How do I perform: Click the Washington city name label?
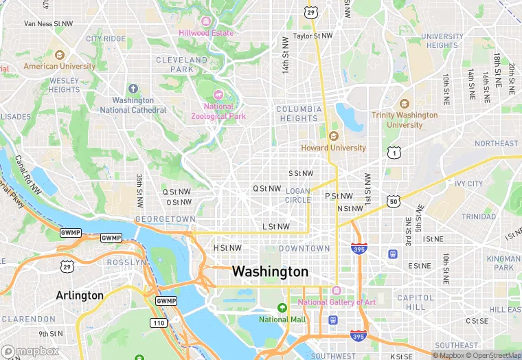[x=270, y=271]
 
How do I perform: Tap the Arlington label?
[x=79, y=295]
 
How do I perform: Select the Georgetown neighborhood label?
[x=166, y=219]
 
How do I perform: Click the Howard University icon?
[x=334, y=136]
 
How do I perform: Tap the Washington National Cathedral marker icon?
[x=133, y=89]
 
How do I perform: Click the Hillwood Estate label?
[x=205, y=32]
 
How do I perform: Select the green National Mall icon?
[x=281, y=307]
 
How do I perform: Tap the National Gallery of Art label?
[x=337, y=302]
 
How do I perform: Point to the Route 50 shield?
[x=393, y=201]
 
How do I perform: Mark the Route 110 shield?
[x=158, y=322]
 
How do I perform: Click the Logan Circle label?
[x=297, y=196]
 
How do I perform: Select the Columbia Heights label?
[x=299, y=113]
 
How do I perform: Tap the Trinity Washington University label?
[x=405, y=120]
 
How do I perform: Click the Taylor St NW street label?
[x=313, y=36]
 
